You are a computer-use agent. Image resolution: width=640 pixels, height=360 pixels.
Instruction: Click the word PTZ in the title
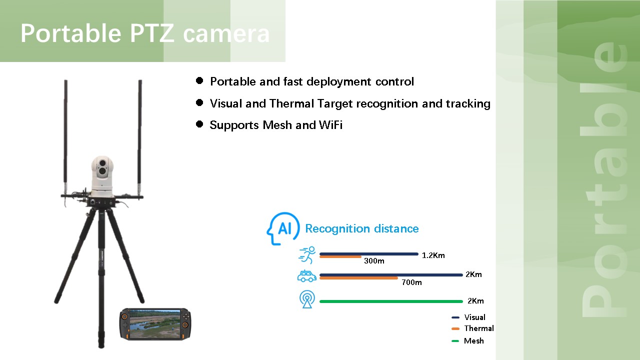click(152, 33)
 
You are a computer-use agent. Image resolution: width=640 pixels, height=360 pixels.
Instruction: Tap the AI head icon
click(283, 228)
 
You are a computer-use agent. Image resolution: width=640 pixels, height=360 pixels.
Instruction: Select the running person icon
click(307, 255)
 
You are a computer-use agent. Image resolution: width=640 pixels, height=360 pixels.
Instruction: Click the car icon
click(307, 276)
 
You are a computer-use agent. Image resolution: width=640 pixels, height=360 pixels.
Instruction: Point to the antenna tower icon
click(307, 299)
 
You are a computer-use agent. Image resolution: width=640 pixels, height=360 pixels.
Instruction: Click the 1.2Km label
click(433, 255)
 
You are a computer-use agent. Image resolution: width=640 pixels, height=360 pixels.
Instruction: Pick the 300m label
click(374, 261)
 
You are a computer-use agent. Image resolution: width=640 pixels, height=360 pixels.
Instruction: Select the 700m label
click(411, 282)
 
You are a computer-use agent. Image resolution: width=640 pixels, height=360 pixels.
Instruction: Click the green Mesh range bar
click(391, 301)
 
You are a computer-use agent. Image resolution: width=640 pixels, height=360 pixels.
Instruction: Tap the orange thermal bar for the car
click(358, 278)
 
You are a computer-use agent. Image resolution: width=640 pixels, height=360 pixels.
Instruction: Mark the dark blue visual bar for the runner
click(369, 254)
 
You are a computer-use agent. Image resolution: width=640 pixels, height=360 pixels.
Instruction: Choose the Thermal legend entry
click(472, 328)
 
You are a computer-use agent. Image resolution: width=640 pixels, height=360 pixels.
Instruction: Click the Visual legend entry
click(468, 317)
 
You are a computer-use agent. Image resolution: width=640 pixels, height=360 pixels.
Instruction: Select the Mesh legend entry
click(467, 341)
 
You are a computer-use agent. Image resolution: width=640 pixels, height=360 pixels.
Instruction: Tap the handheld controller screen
click(155, 324)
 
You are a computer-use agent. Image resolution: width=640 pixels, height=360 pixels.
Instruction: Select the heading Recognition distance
click(361, 229)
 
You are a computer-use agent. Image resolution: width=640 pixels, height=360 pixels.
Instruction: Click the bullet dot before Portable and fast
click(199, 80)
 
